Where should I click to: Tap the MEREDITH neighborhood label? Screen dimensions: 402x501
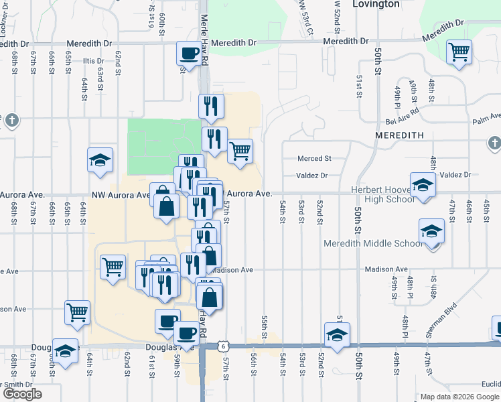pos(399,135)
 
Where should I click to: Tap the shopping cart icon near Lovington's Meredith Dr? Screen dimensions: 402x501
pos(459,52)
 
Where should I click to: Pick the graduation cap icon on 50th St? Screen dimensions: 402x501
pos(336,334)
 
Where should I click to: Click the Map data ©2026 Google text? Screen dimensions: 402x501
pos(459,397)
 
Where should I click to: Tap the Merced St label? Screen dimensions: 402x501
pos(315,159)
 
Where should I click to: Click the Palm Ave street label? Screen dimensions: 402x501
pos(486,122)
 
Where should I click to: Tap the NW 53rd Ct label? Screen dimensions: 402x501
pos(307,17)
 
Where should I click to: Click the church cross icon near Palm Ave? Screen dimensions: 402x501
pos(494,143)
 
